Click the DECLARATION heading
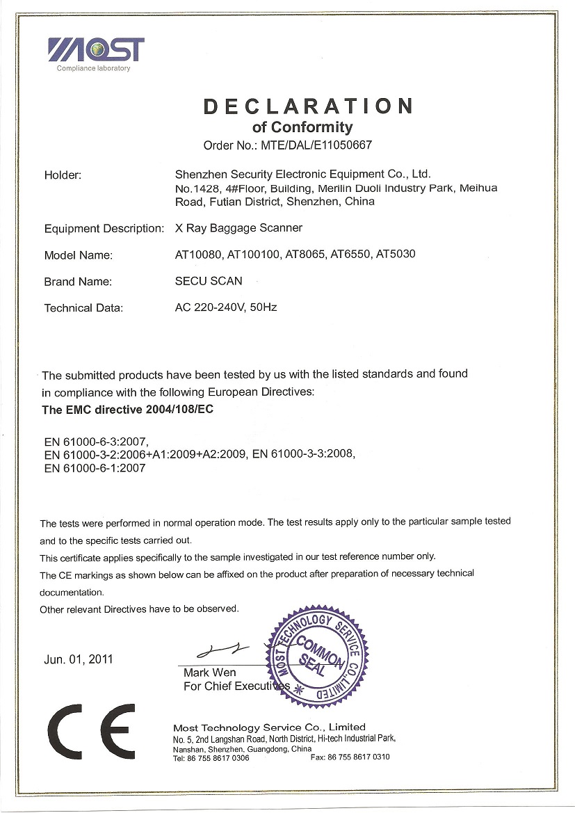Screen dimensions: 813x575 (x=308, y=106)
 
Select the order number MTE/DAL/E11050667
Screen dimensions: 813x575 (x=317, y=146)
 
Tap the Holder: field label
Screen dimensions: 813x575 (x=63, y=175)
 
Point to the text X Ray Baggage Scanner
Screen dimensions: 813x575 (x=238, y=227)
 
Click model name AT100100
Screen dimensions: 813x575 (x=253, y=254)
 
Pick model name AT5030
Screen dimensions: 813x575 (x=395, y=254)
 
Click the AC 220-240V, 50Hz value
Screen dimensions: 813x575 (x=226, y=307)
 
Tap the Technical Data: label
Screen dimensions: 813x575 (x=83, y=308)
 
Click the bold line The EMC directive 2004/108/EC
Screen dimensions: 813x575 (x=127, y=410)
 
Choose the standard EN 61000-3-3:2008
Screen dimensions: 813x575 (x=304, y=455)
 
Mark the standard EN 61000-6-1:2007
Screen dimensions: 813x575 (x=95, y=468)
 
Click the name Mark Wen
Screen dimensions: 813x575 (x=209, y=673)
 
